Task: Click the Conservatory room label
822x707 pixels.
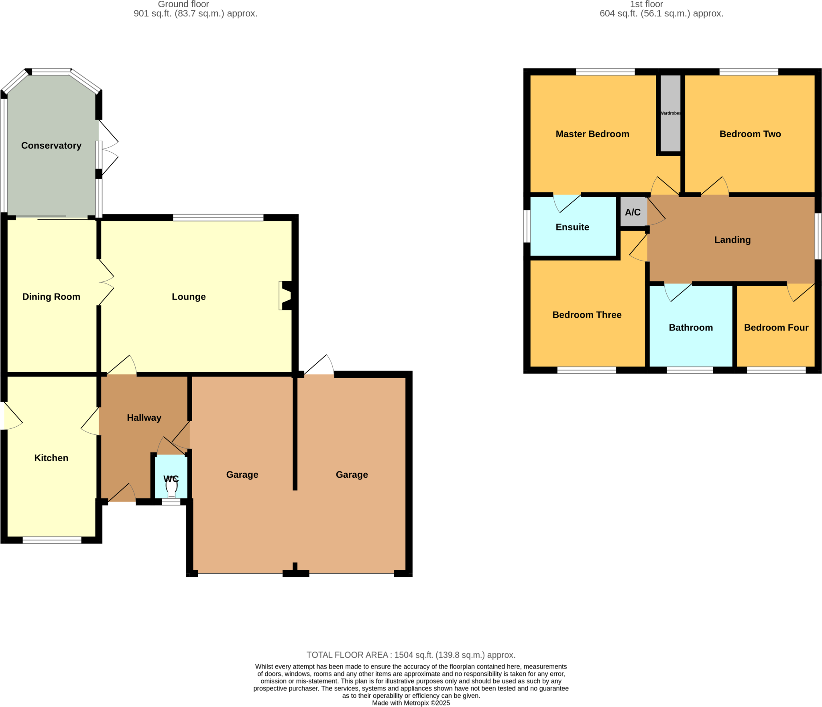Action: (51, 145)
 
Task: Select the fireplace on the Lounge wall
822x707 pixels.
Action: (285, 295)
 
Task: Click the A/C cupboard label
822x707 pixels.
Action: (633, 212)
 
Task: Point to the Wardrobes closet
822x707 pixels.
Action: (670, 113)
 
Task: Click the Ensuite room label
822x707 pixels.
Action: (572, 227)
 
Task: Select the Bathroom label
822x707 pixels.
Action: (690, 327)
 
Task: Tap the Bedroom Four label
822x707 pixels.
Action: (776, 327)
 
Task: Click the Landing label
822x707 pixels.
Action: (732, 240)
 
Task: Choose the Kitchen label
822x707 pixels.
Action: (51, 458)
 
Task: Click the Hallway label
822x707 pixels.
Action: (144, 418)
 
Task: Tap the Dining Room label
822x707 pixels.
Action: (51, 296)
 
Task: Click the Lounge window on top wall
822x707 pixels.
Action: (218, 218)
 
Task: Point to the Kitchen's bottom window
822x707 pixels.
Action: (52, 540)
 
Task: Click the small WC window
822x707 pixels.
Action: (171, 502)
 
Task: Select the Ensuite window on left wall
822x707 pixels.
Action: (527, 226)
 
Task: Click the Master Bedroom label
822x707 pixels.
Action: (592, 134)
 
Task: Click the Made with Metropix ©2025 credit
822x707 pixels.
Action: (411, 703)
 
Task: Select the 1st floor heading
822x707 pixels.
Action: (646, 4)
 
